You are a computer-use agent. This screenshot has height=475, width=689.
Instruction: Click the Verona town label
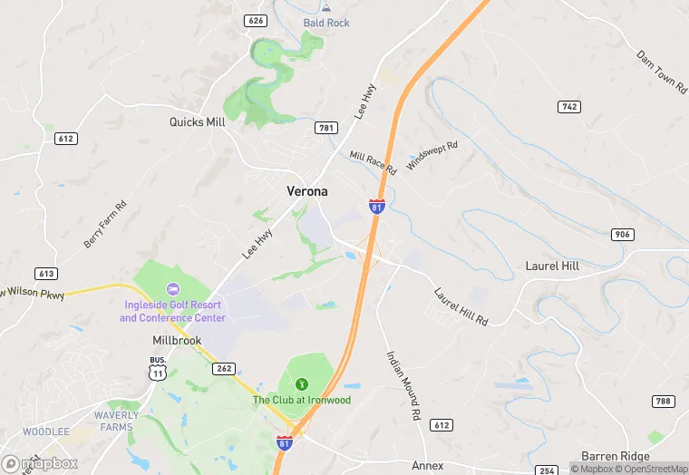307,191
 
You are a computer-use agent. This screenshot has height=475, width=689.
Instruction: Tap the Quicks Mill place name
196,121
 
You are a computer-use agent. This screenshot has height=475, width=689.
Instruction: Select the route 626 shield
256,19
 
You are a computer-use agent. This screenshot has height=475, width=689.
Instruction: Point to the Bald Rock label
326,23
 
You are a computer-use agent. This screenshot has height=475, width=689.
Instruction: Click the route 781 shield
326,129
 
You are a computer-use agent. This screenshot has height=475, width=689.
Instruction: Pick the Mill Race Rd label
374,163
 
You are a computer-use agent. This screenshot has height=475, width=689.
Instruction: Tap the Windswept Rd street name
432,157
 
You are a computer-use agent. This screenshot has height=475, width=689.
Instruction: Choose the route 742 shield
568,107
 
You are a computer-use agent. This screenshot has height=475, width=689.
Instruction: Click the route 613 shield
45,273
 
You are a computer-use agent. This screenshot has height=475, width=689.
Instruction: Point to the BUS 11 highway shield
158,367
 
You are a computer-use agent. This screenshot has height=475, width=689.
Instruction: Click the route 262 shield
224,368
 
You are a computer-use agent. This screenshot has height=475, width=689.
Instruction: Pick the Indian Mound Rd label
404,384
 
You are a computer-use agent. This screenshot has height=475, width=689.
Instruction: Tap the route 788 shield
663,401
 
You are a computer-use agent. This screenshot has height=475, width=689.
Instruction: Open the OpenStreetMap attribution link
651,469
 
